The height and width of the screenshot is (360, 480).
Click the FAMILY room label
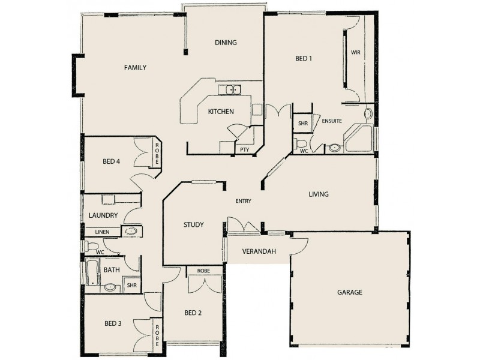pyautogui.click(x=135, y=68)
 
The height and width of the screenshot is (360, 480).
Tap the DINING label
pyautogui.click(x=226, y=43)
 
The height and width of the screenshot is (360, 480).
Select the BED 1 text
pyautogui.click(x=304, y=59)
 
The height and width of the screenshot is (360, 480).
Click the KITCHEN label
pyautogui.click(x=220, y=112)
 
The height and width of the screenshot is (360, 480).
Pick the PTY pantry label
pyautogui.click(x=245, y=149)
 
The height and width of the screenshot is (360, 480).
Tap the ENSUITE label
pyautogui.click(x=332, y=121)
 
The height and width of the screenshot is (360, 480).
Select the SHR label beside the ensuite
pyautogui.click(x=302, y=123)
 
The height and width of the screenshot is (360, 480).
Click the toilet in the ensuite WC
pyautogui.click(x=302, y=143)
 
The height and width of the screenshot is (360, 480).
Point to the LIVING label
pyautogui.click(x=319, y=194)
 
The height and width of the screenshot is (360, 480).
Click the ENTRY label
pyautogui.click(x=243, y=201)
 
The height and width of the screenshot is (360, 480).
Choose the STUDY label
pyautogui.click(x=193, y=225)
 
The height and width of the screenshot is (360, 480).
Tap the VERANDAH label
pyautogui.click(x=259, y=251)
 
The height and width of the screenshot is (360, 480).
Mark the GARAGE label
pyautogui.click(x=349, y=293)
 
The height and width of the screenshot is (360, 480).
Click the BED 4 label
pyautogui.click(x=112, y=161)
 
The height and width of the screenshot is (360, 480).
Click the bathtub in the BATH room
pyautogui.click(x=92, y=272)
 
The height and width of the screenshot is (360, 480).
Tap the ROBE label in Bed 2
pyautogui.click(x=199, y=271)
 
